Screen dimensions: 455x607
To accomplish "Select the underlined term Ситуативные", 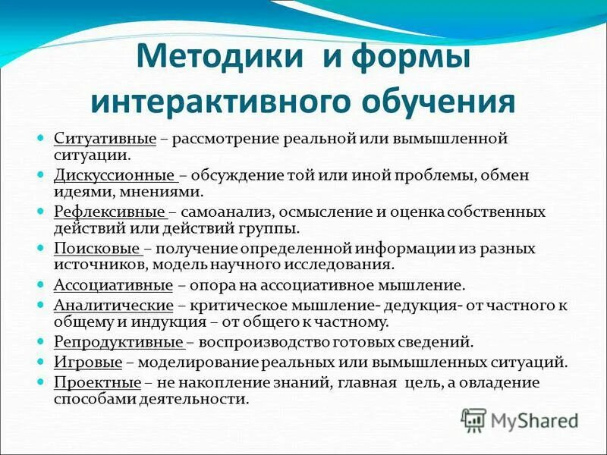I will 105,140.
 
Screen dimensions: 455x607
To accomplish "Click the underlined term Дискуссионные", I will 115,175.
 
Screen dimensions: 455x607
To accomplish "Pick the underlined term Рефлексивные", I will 110,212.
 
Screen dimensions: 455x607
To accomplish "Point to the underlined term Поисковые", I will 97,248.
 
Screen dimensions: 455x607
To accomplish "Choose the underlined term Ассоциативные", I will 114,285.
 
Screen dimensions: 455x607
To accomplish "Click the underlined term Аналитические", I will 114,305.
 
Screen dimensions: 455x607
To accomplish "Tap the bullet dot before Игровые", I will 42,362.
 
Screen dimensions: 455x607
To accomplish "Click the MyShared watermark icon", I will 474,419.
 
